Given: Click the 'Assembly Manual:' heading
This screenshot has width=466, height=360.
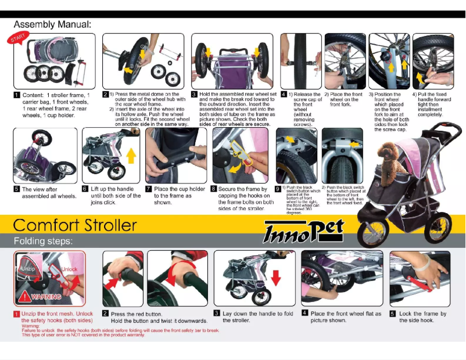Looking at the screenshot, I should point(52,24).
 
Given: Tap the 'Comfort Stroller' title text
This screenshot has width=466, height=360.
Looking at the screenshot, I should point(75,225).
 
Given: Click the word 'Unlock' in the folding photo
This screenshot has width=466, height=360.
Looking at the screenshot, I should point(69,269).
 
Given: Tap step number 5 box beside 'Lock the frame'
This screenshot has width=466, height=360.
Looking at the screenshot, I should point(393,314).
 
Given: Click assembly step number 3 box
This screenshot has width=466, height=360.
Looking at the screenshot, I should point(194,94).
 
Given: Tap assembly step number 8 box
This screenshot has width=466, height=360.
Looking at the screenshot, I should point(213,189).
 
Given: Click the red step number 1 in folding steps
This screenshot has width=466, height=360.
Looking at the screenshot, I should point(16,314).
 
